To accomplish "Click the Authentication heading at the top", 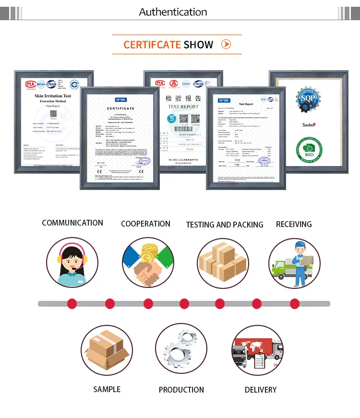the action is coord(173,12).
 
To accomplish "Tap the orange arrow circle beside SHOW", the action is coord(226,45).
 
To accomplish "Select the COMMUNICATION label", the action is coord(72,223).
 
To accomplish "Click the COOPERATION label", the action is coord(145,224).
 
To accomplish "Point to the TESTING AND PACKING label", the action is coord(225,225).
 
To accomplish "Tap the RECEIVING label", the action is coord(294,224).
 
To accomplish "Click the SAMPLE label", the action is coord(107,389).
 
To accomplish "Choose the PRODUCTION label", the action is coord(181,390).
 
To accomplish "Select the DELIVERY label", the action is coord(261,390).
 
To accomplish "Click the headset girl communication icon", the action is coord(72,263).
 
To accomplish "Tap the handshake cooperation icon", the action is coord(147,263).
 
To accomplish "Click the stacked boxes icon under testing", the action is coord(223,263).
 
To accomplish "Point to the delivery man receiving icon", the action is coord(294,263).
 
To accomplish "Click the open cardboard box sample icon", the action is coord(107,349).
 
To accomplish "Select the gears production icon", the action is coord(180,349).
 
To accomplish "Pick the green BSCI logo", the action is coord(309,149).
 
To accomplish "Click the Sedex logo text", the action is coord(309,125).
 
